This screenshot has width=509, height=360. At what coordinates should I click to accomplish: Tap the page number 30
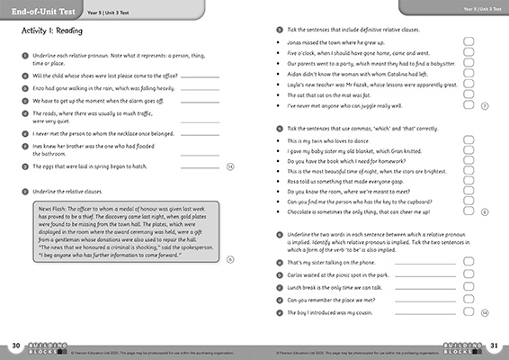[x=15, y=346]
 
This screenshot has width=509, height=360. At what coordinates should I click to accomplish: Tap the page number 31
[x=493, y=346]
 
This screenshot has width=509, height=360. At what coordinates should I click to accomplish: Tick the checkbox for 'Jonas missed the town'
[x=469, y=41]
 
